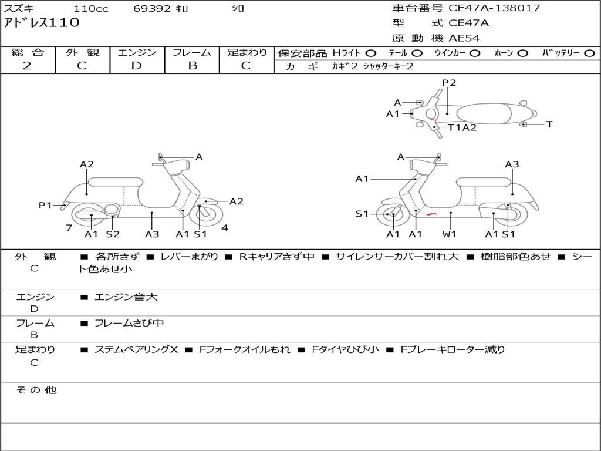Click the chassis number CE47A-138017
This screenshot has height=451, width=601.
[494, 8]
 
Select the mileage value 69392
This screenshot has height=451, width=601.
[153, 9]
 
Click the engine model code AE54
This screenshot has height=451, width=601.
[464, 38]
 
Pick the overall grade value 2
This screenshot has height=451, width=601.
[27, 66]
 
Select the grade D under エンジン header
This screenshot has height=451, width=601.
[136, 66]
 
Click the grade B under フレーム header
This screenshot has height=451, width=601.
[192, 66]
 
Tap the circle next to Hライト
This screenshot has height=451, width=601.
[371, 53]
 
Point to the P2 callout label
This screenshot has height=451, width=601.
[449, 83]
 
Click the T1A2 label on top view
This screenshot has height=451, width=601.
[462, 127]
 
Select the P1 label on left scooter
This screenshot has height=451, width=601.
[46, 205]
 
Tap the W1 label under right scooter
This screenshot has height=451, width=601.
[450, 234]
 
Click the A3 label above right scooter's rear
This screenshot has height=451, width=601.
[512, 164]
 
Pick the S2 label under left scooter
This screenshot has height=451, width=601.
[113, 234]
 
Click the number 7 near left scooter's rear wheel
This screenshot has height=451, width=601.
[69, 227]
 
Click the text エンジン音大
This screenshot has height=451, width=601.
[126, 297]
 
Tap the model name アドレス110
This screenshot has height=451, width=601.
[42, 23]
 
